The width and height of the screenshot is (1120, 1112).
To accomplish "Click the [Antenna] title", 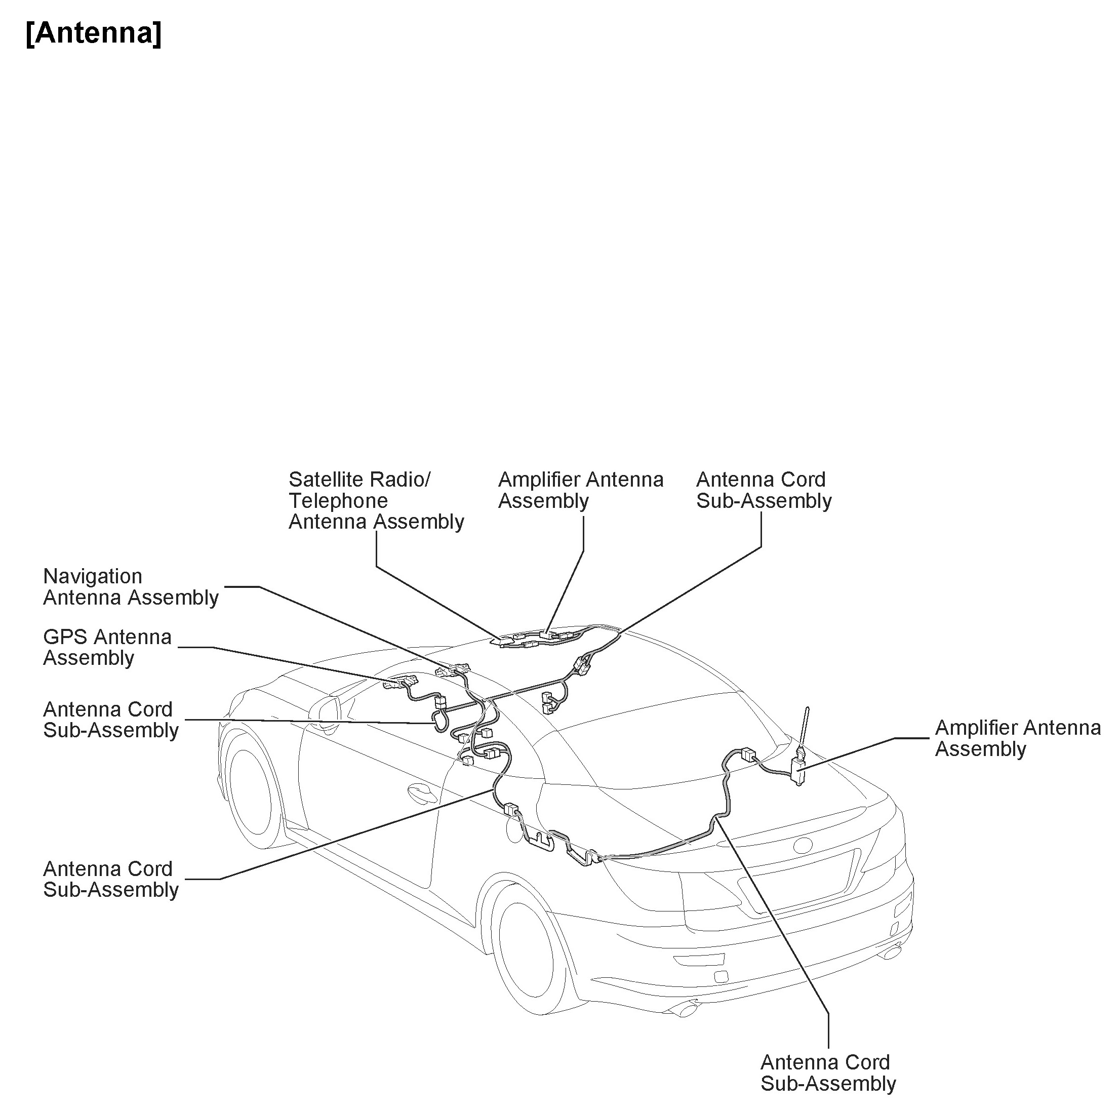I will coord(94,33).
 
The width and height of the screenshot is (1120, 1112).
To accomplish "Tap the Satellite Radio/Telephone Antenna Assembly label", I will coord(376,500).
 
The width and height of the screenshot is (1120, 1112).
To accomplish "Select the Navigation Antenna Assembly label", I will coord(131,587).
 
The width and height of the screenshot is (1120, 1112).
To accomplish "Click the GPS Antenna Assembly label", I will coord(107,648).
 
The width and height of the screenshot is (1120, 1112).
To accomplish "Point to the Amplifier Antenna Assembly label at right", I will coord(1017,738).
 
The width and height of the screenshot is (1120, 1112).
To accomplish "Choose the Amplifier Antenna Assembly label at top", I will coord(580,490).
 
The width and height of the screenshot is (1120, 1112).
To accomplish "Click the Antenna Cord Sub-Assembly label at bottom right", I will coord(828,1073).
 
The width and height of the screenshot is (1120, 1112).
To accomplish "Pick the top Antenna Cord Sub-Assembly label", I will coord(764,490).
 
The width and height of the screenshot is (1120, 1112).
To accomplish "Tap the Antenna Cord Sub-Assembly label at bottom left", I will coord(111,879).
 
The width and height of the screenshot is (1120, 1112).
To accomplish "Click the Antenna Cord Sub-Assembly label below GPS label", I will coord(111,720).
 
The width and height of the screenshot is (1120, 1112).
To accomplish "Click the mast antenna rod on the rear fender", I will coord(805,728).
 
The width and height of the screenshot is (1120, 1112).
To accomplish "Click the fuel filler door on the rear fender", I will coord(513,829).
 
